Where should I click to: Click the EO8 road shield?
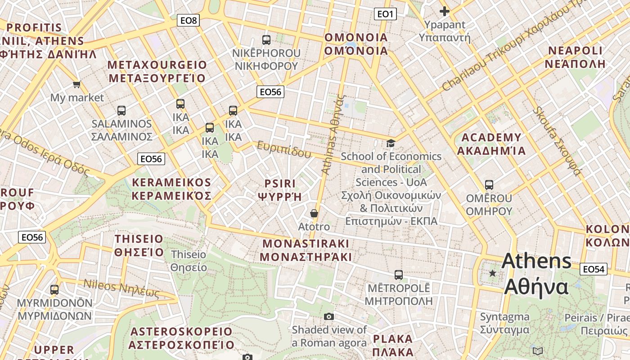coord(188,20)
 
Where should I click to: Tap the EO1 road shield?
coord(385,14)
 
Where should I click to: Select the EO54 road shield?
coord(593,269)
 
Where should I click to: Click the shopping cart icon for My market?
coord(77,84)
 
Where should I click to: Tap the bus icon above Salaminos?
coord(121,110)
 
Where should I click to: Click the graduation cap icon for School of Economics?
coord(391,143)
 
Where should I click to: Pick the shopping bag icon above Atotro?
coord(314,213)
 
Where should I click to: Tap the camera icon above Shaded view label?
coord(329,316)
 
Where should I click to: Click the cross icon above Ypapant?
coord(445,11)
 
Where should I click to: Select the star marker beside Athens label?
coord(493,273)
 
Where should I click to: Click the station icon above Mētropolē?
coord(398,274)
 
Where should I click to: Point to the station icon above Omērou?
coord(489,184)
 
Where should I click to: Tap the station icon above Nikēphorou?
coord(266,40)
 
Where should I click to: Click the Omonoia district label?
coord(356,44)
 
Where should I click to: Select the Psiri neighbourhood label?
coord(280,190)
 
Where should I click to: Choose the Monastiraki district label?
coord(306,250)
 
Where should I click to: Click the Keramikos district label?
coord(171,189)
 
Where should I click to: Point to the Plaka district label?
coord(393,345)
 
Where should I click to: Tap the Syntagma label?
coord(504,323)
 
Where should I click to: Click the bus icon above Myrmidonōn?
coord(54,289)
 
